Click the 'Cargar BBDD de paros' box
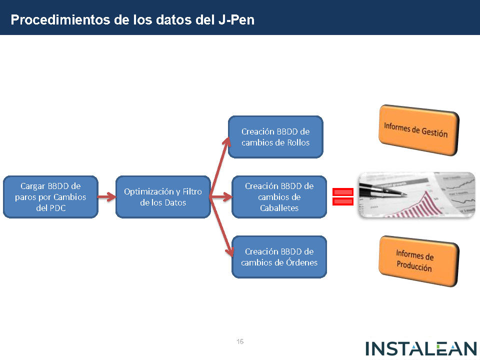(x=50, y=196)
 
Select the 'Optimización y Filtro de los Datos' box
(x=163, y=196)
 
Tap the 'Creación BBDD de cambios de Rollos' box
(x=275, y=137)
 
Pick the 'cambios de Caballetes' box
(x=279, y=196)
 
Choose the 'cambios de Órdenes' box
(x=279, y=256)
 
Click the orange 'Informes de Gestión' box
(x=418, y=129)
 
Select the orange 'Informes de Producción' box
(x=418, y=261)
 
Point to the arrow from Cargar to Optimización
(x=106, y=197)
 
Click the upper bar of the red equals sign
(x=343, y=192)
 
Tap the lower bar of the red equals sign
(x=343, y=201)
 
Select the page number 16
(x=240, y=342)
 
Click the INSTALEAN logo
(x=421, y=348)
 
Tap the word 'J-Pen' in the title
(x=236, y=20)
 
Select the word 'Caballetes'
(x=279, y=208)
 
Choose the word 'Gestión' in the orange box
(x=433, y=132)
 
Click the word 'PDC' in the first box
(x=57, y=208)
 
